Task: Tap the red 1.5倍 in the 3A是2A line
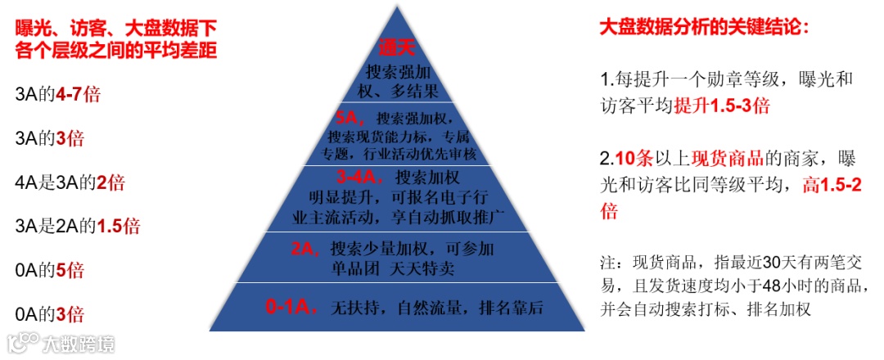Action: point(119,226)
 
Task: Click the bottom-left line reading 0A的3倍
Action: point(50,313)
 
